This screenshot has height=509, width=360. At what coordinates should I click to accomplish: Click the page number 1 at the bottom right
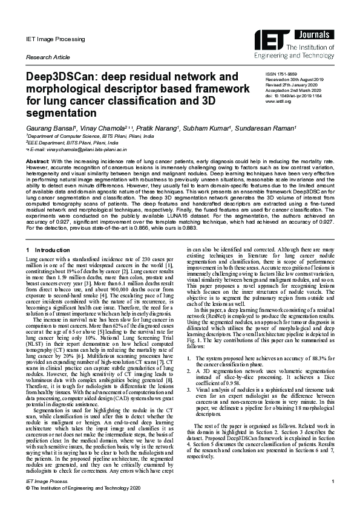(x=333, y=497)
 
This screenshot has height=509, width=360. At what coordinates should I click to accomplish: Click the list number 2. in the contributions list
(x=191, y=374)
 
